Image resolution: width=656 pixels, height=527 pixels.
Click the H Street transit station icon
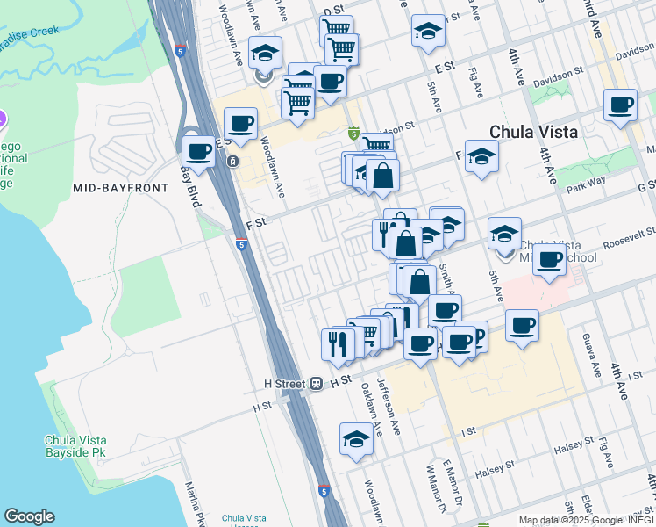[316, 384]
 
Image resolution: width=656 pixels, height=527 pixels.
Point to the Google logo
[30, 516]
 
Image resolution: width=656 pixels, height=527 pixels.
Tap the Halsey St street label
[574, 449]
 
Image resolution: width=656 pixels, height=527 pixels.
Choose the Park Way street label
[585, 186]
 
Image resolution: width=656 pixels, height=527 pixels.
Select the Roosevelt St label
[625, 236]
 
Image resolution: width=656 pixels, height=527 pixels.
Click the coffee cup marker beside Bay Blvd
[199, 151]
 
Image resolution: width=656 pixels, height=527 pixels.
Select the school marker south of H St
[356, 439]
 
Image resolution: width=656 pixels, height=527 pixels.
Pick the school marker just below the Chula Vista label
[481, 157]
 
